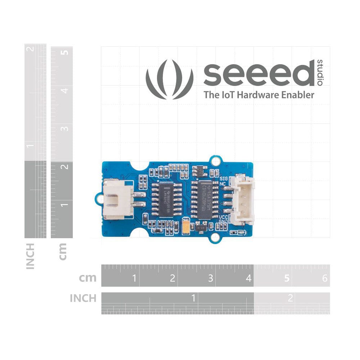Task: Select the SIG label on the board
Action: point(223,178)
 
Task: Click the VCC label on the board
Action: point(223,217)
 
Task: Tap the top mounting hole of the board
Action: point(215,161)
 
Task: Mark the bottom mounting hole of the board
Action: point(215,237)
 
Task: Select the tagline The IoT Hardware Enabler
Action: point(259,95)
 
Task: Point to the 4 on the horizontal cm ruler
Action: point(248,278)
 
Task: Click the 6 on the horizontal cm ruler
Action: point(325,278)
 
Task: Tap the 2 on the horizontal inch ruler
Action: point(291,298)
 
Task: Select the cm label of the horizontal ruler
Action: point(87,278)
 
